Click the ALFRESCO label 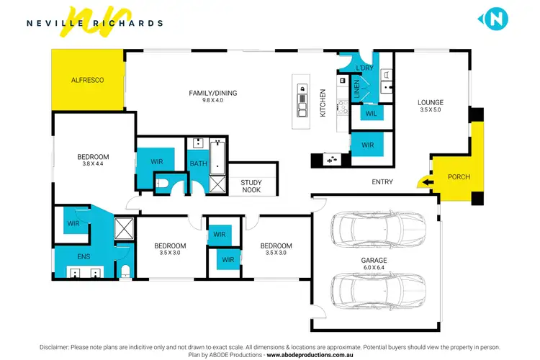(87, 80)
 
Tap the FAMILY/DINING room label (212, 93)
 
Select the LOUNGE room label (431, 102)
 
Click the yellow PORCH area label (459, 177)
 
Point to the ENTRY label (382, 182)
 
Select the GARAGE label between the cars (374, 260)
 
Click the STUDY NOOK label (251, 187)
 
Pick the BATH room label (198, 164)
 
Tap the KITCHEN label (323, 102)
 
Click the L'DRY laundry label (366, 68)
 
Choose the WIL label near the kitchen (372, 114)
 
